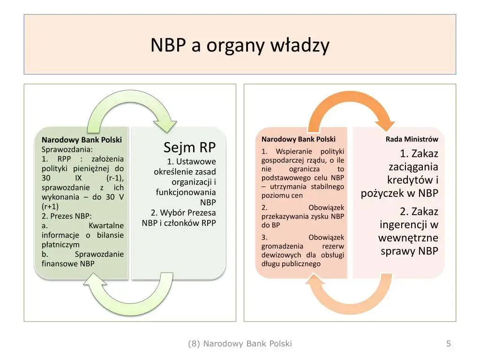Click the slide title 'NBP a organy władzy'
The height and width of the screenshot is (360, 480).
[x=240, y=45]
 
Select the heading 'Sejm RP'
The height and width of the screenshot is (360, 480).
[x=189, y=148]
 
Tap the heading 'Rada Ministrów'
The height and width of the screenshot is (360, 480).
[x=412, y=139]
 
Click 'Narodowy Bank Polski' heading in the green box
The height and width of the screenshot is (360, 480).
[x=82, y=140]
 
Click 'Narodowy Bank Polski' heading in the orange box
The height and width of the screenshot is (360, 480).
[x=298, y=139]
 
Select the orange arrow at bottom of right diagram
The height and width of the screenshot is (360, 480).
[x=350, y=295]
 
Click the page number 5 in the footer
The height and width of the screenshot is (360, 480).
[x=448, y=344]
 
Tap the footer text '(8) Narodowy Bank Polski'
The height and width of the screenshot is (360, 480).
[x=240, y=344]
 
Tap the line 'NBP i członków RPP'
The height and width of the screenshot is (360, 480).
[x=179, y=223]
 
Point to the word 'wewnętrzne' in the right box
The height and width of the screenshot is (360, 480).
[x=408, y=237]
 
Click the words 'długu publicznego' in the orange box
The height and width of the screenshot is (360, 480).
[x=291, y=264]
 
